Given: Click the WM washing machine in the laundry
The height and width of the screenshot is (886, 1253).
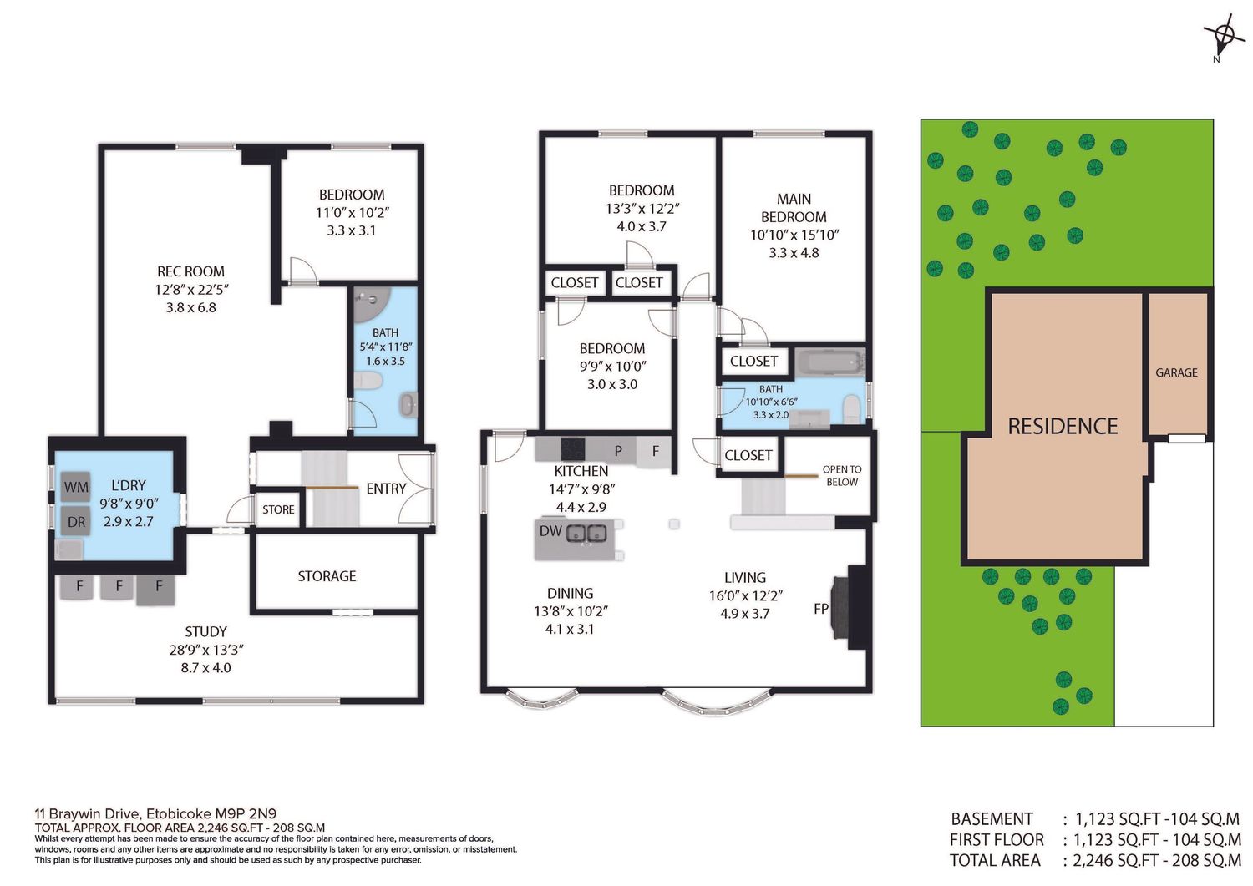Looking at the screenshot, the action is click(76, 487).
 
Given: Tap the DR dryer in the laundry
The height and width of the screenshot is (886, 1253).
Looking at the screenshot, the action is click(76, 521).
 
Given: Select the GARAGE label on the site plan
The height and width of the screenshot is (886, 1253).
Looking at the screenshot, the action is click(1176, 372).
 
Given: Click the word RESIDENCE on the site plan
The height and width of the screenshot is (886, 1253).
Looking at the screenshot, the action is click(1063, 426).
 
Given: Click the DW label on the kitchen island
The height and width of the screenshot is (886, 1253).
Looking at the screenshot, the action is click(550, 531).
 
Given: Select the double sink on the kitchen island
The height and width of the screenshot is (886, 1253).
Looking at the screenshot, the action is click(586, 533).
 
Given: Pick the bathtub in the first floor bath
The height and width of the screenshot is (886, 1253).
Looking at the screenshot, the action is click(829, 362).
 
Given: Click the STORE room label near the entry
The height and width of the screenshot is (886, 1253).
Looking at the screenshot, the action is click(278, 509).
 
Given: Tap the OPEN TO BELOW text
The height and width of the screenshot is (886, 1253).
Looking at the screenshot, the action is click(842, 475).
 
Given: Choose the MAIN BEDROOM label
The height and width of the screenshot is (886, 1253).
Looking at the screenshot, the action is click(794, 208).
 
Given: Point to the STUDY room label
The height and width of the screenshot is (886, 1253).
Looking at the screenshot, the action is click(205, 631).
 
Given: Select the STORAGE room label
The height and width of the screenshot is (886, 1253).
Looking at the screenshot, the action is click(327, 576).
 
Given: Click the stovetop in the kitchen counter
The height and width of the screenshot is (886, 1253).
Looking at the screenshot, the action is click(573, 448).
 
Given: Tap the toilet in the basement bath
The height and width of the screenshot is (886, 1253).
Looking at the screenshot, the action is click(368, 382).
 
